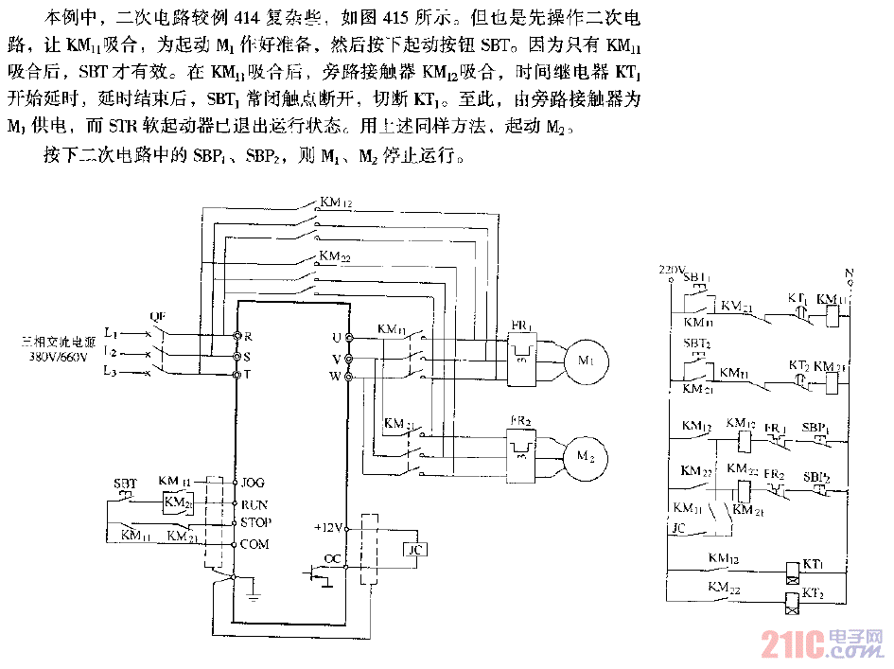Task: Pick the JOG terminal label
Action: (x=254, y=483)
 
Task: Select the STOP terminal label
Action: (x=256, y=522)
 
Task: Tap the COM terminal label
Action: (x=254, y=544)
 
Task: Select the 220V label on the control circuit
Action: (x=670, y=270)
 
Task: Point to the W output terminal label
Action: (x=336, y=378)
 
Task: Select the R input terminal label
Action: (x=248, y=336)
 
